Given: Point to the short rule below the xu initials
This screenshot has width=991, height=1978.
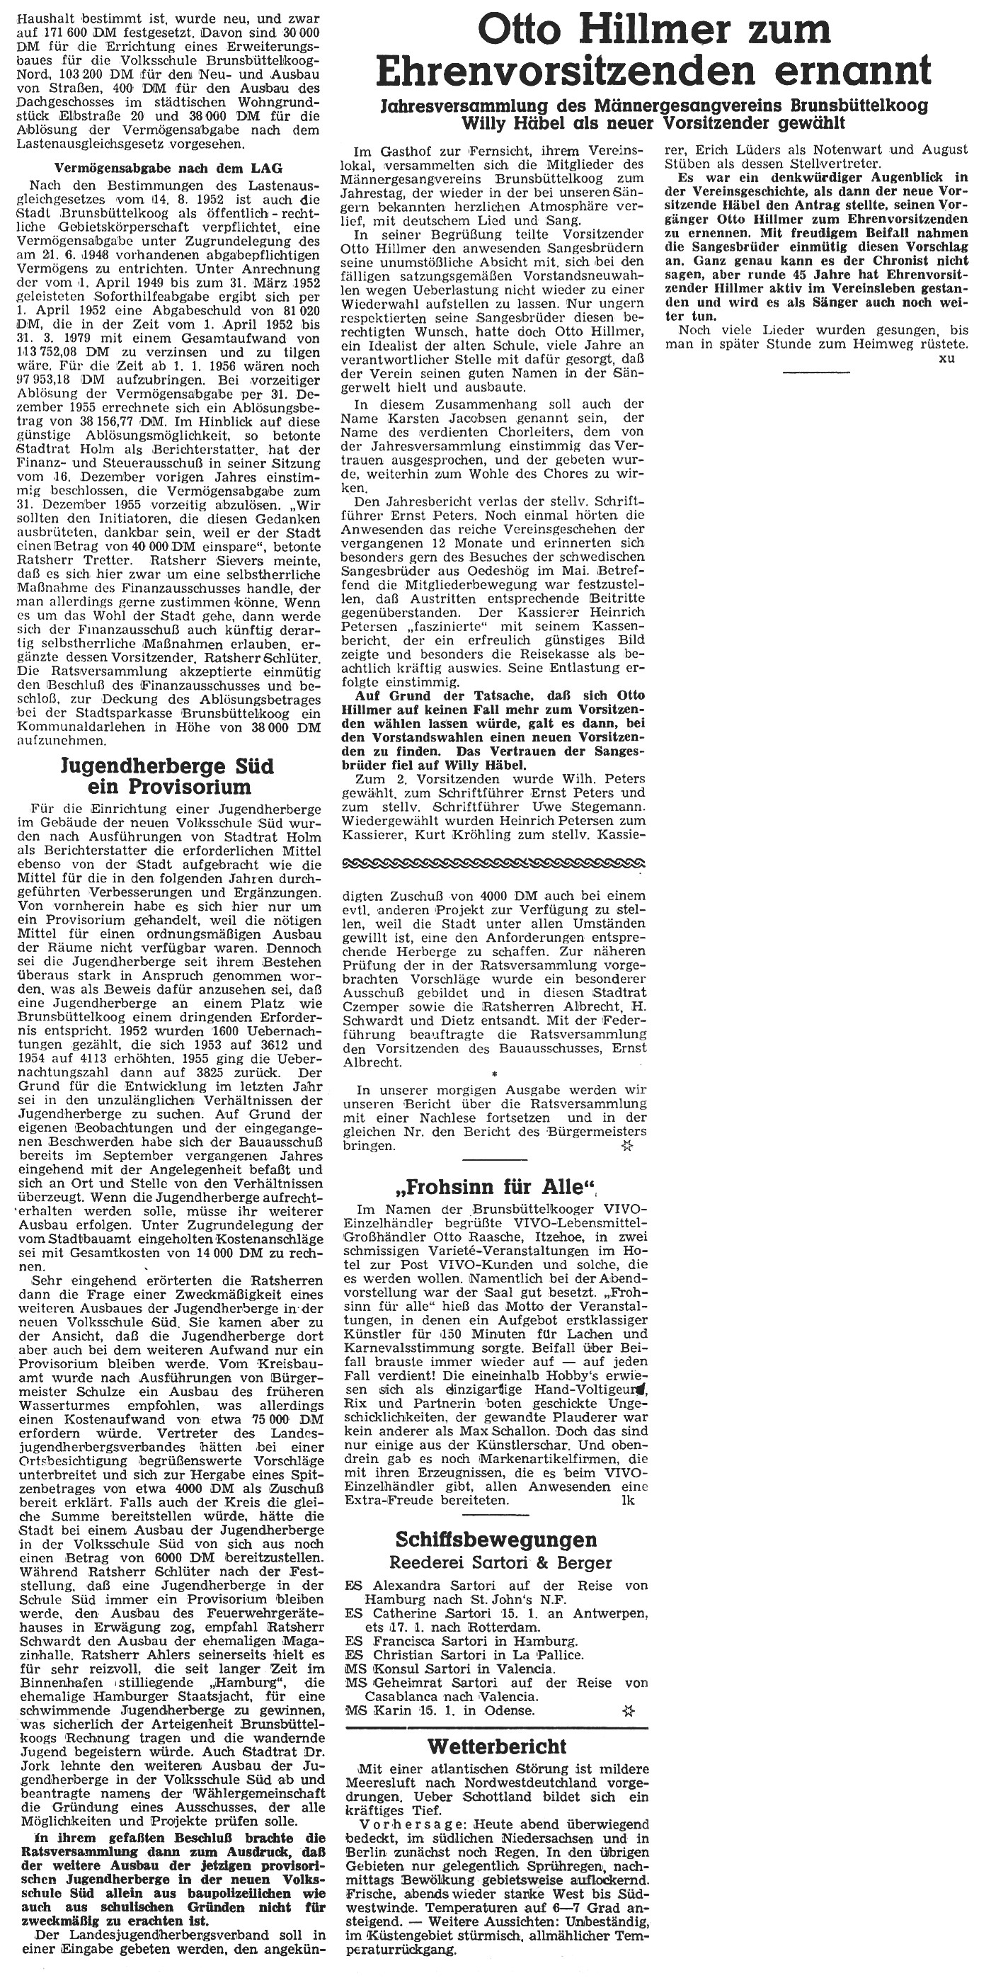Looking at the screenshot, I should pos(816,372).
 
